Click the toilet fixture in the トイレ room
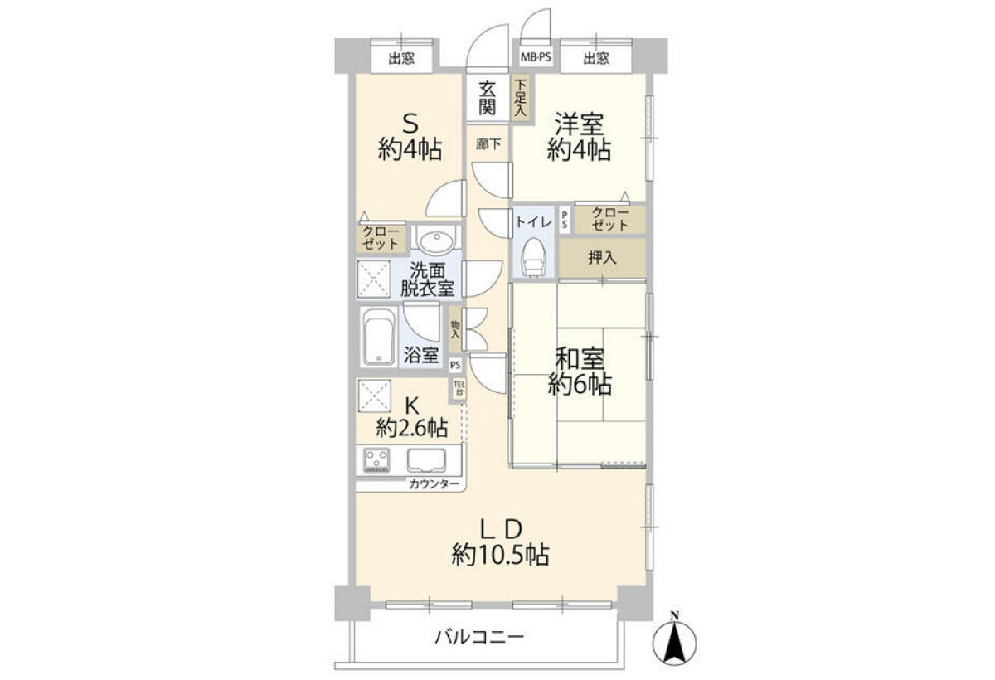(534, 258)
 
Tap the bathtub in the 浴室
(378, 336)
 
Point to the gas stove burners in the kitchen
(376, 460)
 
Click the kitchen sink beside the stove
(426, 460)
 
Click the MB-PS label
(536, 57)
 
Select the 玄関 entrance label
(488, 99)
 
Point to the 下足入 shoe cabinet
(520, 98)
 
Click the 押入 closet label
(602, 258)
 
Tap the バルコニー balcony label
(479, 638)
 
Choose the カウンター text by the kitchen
(434, 484)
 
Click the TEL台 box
(459, 389)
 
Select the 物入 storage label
(455, 329)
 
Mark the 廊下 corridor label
(488, 144)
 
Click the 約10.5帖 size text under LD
(501, 555)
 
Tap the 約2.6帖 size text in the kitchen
(412, 428)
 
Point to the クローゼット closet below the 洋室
(610, 219)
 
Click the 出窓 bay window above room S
(401, 58)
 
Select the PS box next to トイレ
(564, 220)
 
